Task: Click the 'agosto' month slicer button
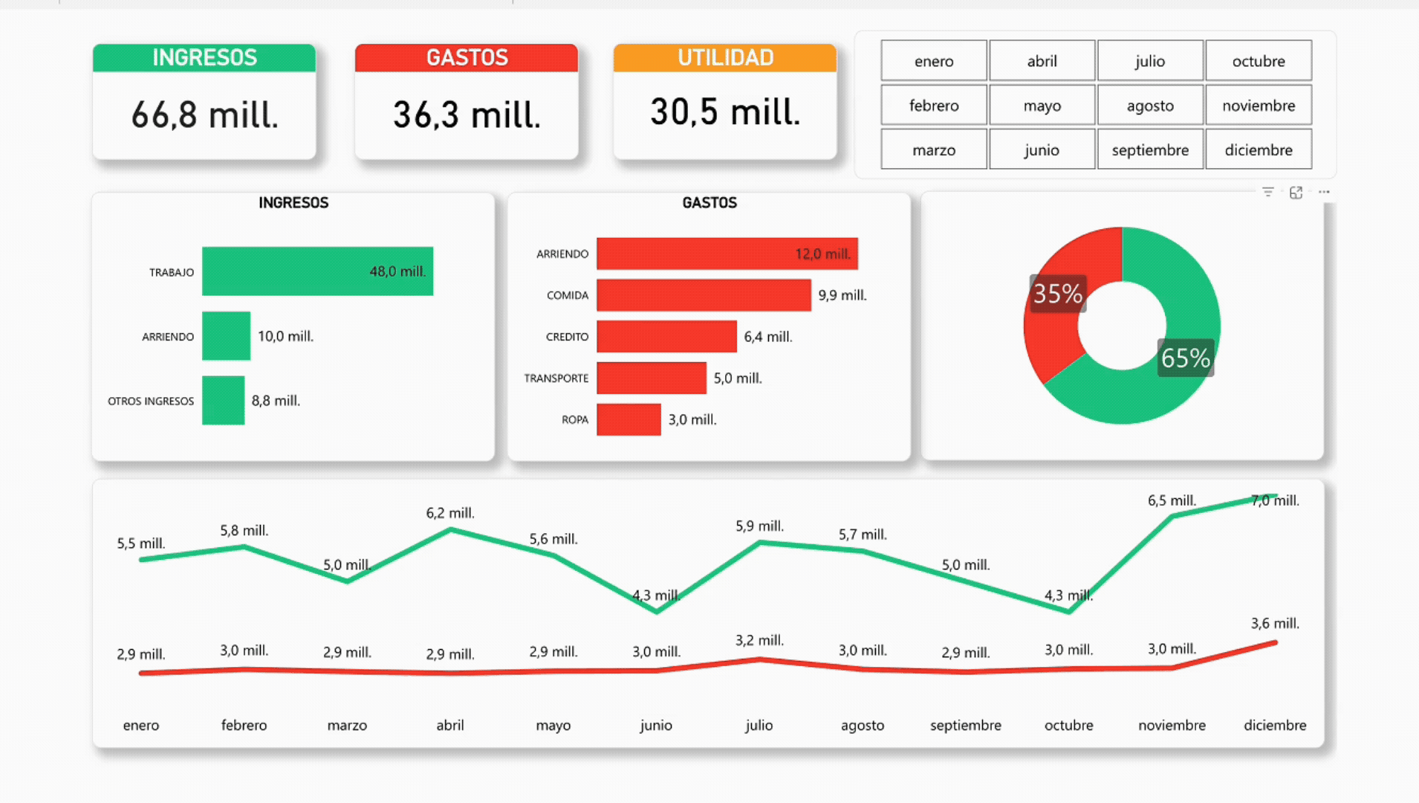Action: click(1150, 106)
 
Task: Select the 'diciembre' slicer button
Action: click(1259, 149)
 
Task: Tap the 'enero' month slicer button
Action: click(934, 61)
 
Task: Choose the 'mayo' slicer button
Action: click(1042, 106)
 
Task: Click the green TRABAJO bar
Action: click(317, 271)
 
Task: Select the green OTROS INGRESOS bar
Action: click(223, 400)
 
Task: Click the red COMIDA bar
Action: click(704, 295)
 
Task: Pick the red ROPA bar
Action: click(629, 419)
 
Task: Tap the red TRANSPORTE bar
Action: click(652, 378)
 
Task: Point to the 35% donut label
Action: click(1058, 294)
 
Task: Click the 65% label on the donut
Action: click(1186, 358)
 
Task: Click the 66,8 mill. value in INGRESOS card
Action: click(205, 115)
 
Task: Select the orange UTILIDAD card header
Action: click(725, 58)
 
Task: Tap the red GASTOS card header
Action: click(467, 58)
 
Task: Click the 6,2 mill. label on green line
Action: click(450, 513)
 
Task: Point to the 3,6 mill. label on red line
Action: click(1275, 623)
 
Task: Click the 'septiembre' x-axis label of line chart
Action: click(965, 725)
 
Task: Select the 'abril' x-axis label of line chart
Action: click(450, 725)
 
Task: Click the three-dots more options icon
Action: click(1324, 192)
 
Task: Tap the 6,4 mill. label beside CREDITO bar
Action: click(768, 337)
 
